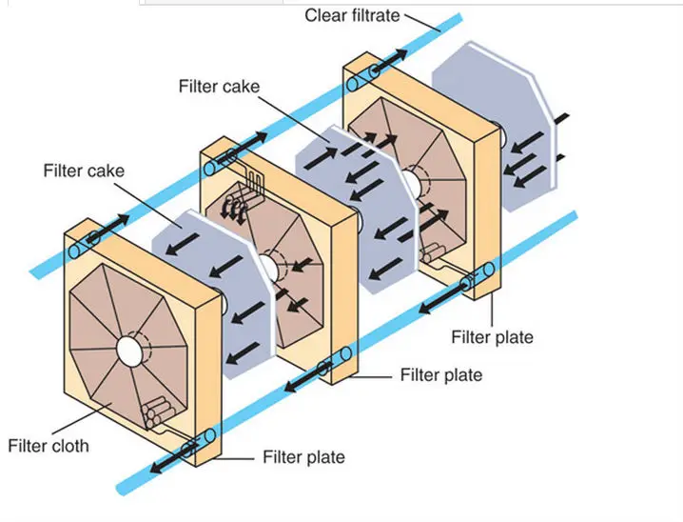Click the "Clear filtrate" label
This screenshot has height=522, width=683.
coord(352,15)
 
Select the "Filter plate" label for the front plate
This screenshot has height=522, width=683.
coord(303,458)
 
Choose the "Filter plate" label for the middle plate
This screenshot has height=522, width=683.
coord(440,374)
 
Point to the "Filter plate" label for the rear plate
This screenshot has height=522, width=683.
coord(492,337)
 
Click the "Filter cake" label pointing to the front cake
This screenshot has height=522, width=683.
coord(83,171)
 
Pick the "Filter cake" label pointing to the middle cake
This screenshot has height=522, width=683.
coord(219,87)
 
